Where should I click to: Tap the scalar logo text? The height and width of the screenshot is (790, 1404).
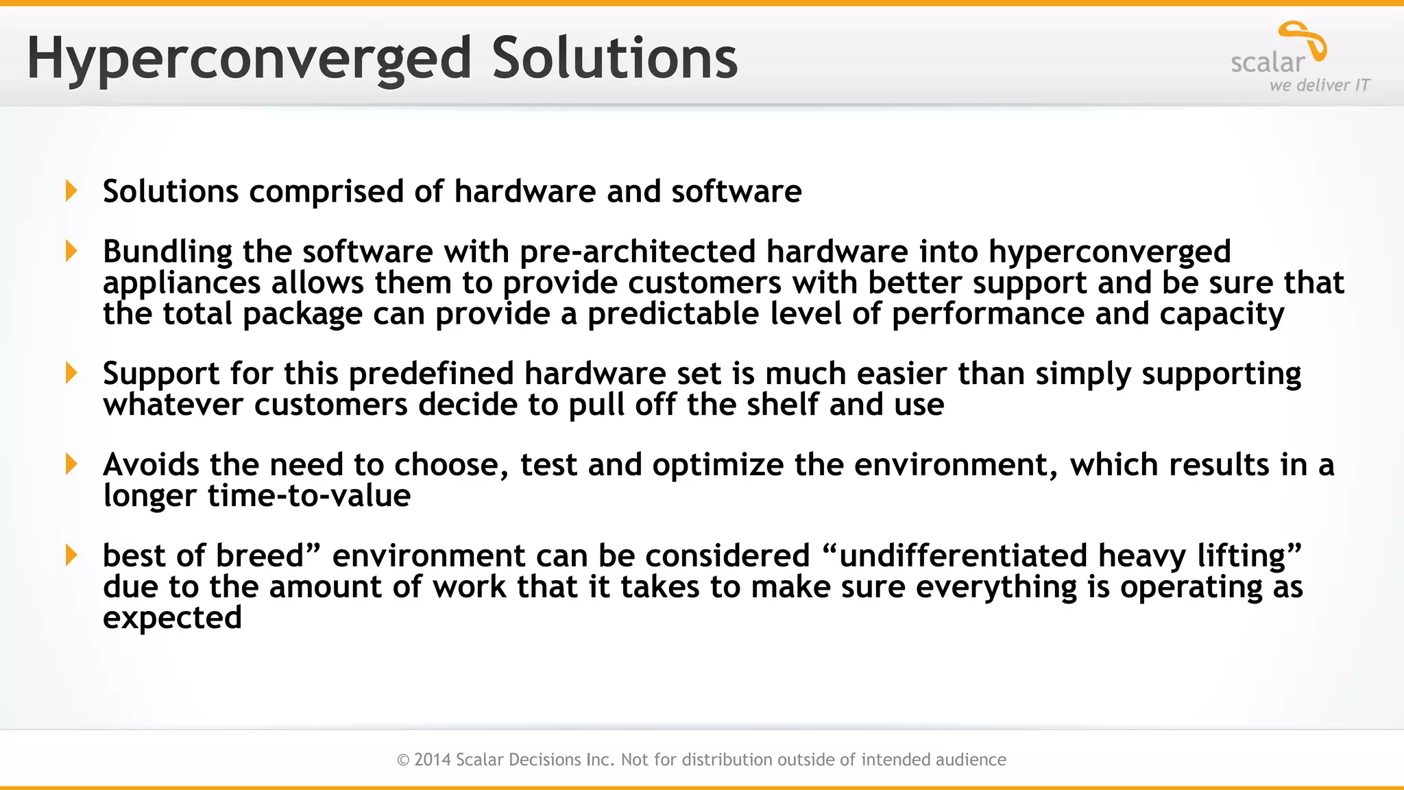coord(1268,63)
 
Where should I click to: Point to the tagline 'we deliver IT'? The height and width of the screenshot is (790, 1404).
coord(1319,85)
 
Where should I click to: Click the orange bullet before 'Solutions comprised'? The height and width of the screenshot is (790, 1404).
coord(71,191)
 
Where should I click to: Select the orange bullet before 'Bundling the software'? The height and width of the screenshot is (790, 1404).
coord(71,251)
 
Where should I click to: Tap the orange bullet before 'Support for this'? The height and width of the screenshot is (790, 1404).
coord(71,373)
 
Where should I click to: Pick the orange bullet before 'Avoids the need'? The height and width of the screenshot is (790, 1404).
coord(71,464)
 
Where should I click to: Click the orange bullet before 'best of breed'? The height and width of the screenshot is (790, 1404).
coord(71,555)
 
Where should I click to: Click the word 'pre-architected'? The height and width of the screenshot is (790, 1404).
coord(637,252)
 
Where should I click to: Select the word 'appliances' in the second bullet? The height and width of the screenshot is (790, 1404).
coord(182,283)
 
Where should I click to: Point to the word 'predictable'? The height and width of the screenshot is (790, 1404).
coord(673,314)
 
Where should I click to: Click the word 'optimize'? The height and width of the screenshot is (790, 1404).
coord(718,465)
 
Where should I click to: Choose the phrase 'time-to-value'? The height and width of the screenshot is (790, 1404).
coord(308,496)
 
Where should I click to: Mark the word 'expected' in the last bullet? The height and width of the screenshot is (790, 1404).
coord(172,619)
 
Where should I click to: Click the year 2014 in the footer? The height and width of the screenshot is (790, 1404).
coord(433,760)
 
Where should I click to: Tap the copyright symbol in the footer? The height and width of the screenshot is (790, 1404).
coord(403,760)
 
